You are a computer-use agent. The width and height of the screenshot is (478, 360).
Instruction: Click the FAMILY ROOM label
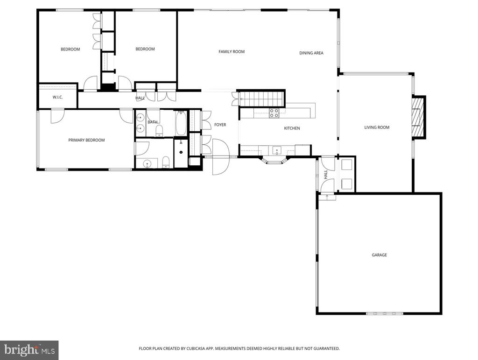[232, 52]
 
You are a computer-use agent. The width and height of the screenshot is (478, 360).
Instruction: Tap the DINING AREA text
[311, 53]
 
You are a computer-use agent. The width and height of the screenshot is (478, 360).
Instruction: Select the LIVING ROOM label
[377, 127]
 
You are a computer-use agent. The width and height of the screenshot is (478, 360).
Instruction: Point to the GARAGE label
[379, 255]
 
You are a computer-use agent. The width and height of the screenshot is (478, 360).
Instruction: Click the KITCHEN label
[292, 128]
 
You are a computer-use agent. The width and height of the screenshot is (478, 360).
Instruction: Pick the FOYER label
[220, 125]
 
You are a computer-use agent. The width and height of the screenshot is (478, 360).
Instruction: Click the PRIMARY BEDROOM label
[86, 140]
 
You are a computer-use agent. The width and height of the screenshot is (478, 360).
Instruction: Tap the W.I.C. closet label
[57, 97]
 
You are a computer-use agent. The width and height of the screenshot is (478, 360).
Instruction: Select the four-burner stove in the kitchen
[274, 113]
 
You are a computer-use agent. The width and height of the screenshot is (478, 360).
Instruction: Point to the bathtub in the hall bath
[181, 123]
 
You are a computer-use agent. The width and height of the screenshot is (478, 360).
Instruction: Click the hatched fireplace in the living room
[418, 117]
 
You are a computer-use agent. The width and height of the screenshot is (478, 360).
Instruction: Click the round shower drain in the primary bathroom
[181, 152]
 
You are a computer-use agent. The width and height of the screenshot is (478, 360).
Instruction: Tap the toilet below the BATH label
[160, 131]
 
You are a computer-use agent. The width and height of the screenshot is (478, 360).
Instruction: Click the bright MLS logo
[29, 350]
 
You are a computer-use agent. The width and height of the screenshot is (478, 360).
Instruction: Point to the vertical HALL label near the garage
[325, 174]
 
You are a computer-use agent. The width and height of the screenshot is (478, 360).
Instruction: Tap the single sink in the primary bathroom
[148, 164]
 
